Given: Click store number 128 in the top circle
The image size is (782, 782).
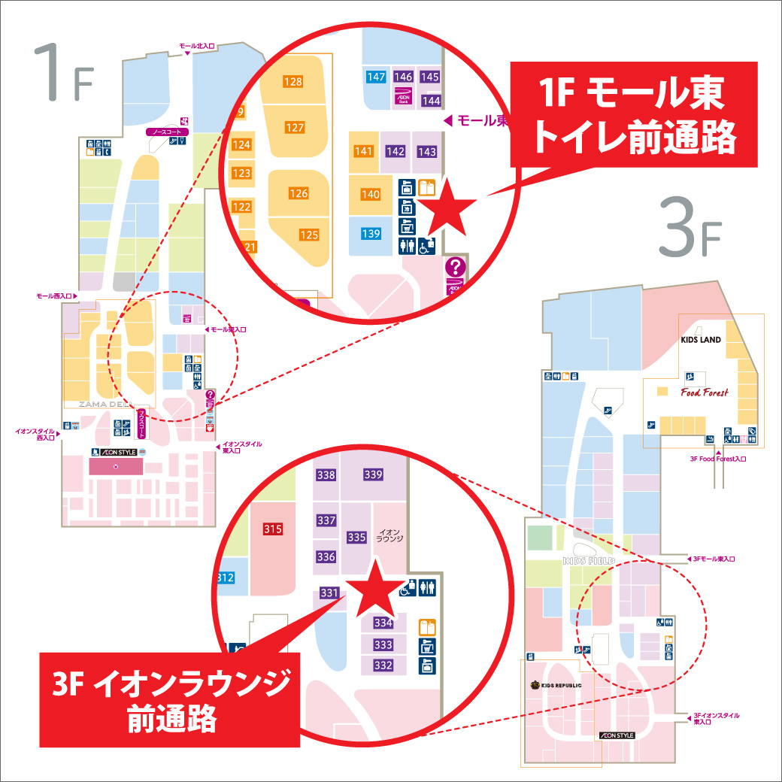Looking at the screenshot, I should click(292, 82).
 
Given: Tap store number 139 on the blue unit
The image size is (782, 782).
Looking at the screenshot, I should click(371, 234).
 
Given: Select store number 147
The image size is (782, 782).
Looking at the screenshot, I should click(376, 77).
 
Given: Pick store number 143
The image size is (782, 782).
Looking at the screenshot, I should click(426, 152).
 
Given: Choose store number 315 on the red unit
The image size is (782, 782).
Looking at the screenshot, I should click(273, 529).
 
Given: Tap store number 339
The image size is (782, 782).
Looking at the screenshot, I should click(373, 474).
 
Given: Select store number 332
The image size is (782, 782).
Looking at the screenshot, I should click(383, 665).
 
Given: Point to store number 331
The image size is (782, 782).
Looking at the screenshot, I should click(329, 593).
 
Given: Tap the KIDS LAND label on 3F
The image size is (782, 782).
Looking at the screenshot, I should click(701, 340).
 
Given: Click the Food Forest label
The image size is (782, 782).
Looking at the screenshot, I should click(705, 393).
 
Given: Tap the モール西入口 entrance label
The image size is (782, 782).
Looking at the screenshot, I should click(55, 296).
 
